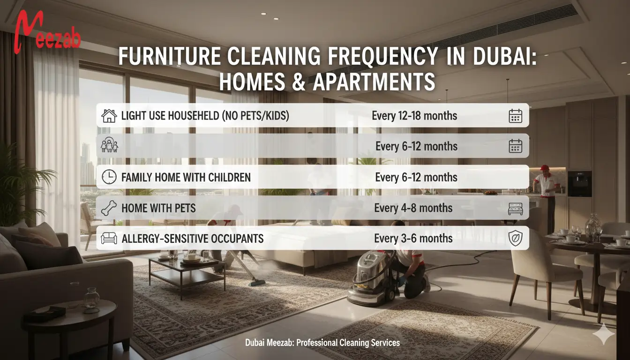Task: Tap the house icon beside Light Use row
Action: point(109,115)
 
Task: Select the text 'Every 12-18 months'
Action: point(414,115)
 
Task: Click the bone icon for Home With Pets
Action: point(109,208)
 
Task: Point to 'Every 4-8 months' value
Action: point(413,208)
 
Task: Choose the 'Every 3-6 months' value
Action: point(413,238)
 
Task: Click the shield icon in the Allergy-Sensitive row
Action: point(515,238)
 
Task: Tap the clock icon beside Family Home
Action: point(109,177)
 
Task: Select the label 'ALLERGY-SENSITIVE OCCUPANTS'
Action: point(192,239)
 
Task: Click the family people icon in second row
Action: point(109,146)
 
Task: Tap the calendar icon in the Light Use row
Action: point(515,115)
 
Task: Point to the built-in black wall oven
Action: point(579,183)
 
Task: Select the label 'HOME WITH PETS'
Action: point(158,208)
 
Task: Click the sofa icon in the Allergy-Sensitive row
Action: point(109,238)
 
